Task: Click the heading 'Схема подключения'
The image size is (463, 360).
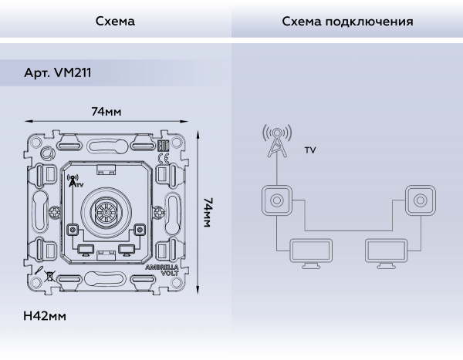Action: click(347, 22)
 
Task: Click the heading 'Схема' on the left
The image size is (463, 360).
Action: click(115, 22)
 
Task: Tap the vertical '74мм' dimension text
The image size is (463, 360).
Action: click(208, 211)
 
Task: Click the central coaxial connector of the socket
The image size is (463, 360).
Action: click(106, 211)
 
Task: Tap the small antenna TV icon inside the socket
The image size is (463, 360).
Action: click(74, 180)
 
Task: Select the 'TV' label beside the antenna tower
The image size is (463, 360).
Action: click(309, 151)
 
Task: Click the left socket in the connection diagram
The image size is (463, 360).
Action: click(275, 201)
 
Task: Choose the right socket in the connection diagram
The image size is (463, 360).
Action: click(419, 201)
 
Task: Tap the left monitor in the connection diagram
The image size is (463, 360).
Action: click(310, 253)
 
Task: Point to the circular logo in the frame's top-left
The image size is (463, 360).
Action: click(47, 152)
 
